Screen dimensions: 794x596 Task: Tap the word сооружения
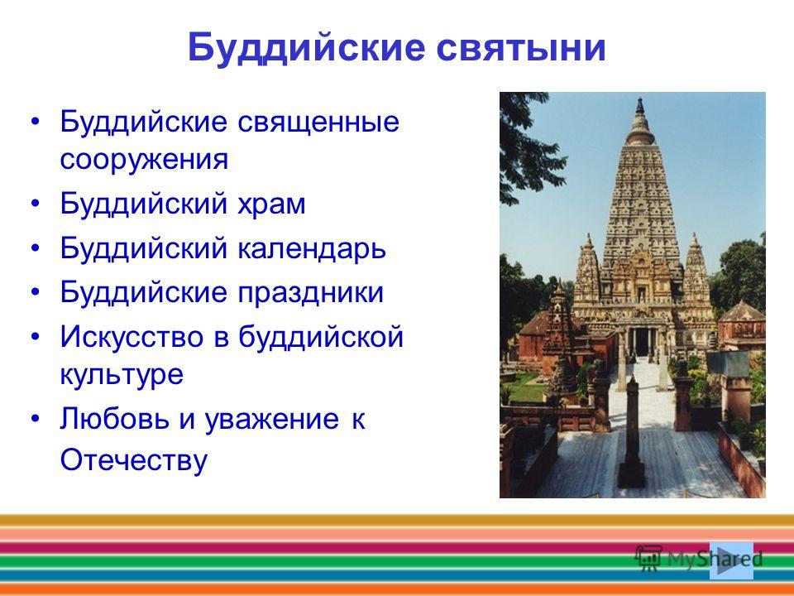point(144,159)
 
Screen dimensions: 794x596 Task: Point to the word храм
point(271,204)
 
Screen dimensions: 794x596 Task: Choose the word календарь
point(312,248)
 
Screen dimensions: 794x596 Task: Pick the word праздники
point(310,293)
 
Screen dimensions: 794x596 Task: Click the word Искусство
point(132,337)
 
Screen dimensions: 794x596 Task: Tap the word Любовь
point(114,419)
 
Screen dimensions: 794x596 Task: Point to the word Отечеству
point(134,461)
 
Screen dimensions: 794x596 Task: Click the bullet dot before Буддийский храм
point(35,204)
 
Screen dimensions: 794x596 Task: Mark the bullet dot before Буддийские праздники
point(35,293)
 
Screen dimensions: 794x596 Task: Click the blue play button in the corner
point(731,560)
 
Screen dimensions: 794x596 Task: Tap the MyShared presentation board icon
point(648,559)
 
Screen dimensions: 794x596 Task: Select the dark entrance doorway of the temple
point(642,342)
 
